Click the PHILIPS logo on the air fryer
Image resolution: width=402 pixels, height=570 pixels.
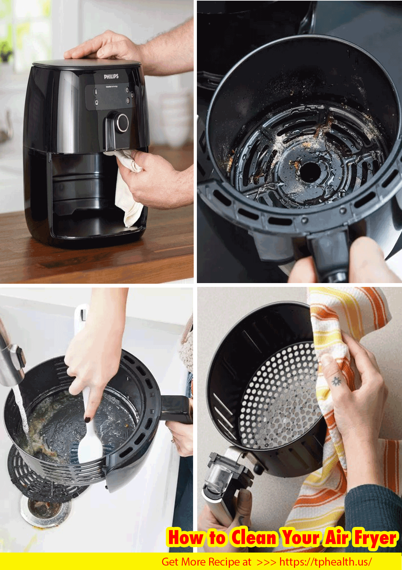coord(111,76)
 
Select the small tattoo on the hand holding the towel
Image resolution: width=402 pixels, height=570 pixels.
coord(336,380)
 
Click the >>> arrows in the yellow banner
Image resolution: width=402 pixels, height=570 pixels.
coord(266,562)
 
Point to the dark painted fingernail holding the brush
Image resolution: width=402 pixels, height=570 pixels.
coord(87,420)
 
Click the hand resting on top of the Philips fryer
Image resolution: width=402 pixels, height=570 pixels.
coord(104,48)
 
